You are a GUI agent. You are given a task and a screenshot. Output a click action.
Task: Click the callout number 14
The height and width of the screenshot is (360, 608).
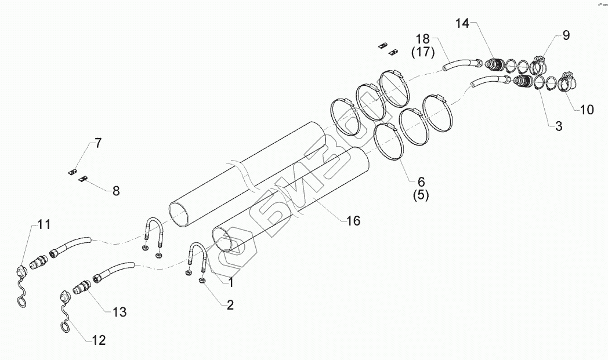point(462,24)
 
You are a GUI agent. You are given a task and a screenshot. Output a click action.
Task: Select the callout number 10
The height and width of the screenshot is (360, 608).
point(587,109)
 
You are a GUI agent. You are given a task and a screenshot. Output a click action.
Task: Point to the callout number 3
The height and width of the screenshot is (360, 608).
point(558,126)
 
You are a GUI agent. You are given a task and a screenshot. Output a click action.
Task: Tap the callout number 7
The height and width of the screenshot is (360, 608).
point(97,143)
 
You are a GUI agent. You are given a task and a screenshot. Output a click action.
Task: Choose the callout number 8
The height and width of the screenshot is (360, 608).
point(116,190)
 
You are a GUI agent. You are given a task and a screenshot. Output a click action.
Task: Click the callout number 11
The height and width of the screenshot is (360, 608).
point(44,224)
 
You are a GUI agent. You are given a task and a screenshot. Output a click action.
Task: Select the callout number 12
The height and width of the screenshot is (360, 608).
point(99,340)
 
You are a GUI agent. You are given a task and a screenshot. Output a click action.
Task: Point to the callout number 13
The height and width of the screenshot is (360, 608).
point(119,312)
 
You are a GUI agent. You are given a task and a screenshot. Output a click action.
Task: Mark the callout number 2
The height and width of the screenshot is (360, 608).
point(230,305)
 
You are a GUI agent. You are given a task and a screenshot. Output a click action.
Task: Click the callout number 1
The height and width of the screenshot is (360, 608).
point(230,283)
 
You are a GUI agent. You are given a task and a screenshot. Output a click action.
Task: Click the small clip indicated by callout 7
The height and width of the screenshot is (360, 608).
point(73,172)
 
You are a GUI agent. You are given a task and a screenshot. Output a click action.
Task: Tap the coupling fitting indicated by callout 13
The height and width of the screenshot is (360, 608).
point(82,287)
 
